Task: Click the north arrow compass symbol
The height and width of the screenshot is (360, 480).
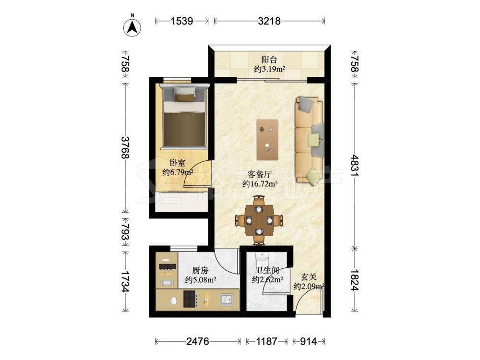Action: [x=132, y=27]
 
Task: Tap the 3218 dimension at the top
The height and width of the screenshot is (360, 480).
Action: [x=269, y=21]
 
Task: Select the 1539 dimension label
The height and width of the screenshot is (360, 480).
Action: [x=182, y=21]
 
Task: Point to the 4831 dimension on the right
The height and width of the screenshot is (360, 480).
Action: [x=355, y=165]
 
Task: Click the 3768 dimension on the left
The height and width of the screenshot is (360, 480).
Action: [x=125, y=147]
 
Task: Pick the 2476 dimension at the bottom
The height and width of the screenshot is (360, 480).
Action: [x=198, y=341]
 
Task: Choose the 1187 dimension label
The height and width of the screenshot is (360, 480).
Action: [x=266, y=341]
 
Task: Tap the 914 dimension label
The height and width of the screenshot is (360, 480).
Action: [x=309, y=341]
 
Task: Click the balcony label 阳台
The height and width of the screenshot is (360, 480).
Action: [x=269, y=60]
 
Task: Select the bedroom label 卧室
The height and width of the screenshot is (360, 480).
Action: [x=178, y=163]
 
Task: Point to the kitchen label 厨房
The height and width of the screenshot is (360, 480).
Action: [x=201, y=270]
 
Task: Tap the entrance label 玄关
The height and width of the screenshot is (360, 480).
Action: [x=308, y=277]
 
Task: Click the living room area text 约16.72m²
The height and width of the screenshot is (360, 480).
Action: [x=260, y=184]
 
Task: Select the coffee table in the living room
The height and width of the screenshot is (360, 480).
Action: [x=267, y=140]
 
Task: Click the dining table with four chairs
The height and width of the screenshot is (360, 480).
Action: [x=259, y=220]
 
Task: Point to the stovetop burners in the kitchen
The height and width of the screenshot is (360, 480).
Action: [x=190, y=299]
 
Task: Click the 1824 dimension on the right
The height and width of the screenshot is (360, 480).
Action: [x=355, y=280]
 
